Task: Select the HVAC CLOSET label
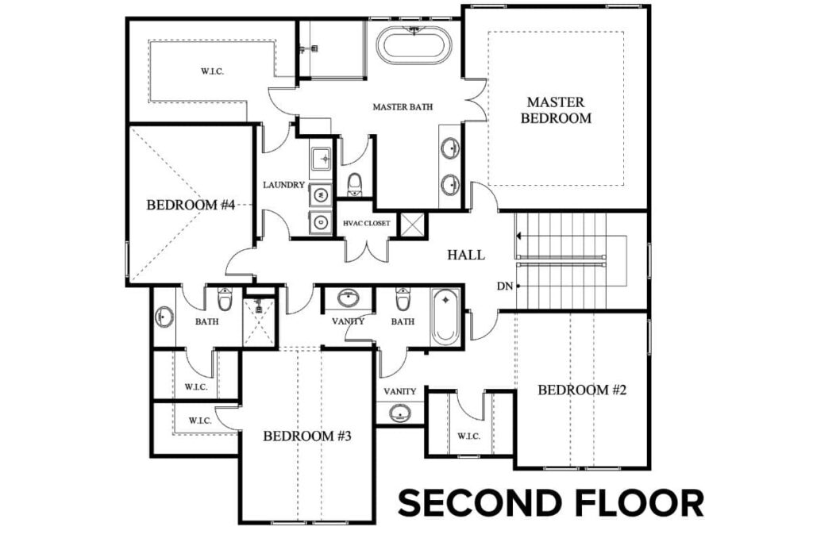[x=366, y=223]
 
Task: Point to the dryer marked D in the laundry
[x=322, y=222]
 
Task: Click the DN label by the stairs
[x=503, y=286]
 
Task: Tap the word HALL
[x=466, y=255]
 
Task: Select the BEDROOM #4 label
[x=191, y=205]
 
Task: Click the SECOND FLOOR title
[x=550, y=503]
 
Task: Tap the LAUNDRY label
[x=283, y=185]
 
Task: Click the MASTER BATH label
[x=403, y=106]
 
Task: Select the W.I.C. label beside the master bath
[x=212, y=71]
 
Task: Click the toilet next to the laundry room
[x=355, y=183]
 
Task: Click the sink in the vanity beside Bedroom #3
[x=399, y=413]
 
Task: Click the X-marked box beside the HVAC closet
[x=412, y=225]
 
